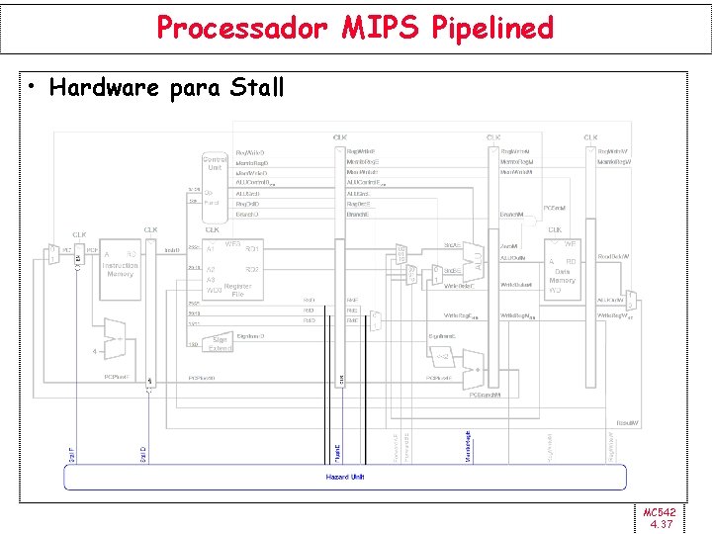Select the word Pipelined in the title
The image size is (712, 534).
click(x=491, y=28)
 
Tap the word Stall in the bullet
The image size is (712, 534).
click(x=257, y=87)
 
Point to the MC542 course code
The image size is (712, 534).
click(x=659, y=512)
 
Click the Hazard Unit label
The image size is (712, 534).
click(x=345, y=477)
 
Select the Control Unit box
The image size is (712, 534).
click(x=215, y=163)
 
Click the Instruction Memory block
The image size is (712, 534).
click(x=120, y=264)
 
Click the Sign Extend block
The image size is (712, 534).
click(x=221, y=342)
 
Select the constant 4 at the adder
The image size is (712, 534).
click(x=94, y=351)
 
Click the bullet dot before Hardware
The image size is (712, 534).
click(x=34, y=88)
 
